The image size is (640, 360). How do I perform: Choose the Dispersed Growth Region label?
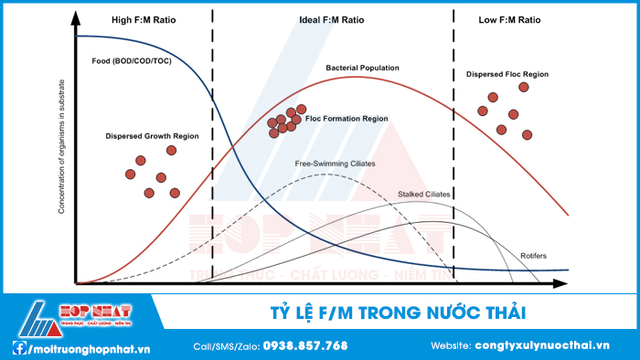click(152, 136)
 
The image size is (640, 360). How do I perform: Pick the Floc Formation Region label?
click(347, 119)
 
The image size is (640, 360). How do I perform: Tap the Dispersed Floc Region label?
click(507, 74)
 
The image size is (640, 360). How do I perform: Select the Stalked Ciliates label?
click(424, 195)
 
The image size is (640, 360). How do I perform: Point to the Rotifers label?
click(533, 255)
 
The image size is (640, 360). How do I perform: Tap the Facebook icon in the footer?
click(19, 347)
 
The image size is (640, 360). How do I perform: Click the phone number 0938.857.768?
click(305, 346)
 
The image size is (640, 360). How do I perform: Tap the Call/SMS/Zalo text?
click(226, 346)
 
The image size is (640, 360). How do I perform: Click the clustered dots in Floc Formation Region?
click(286, 120)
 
